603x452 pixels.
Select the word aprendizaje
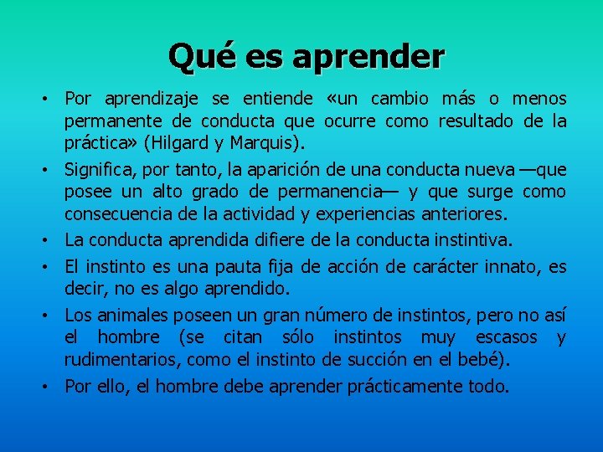pyautogui.click(x=147, y=100)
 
